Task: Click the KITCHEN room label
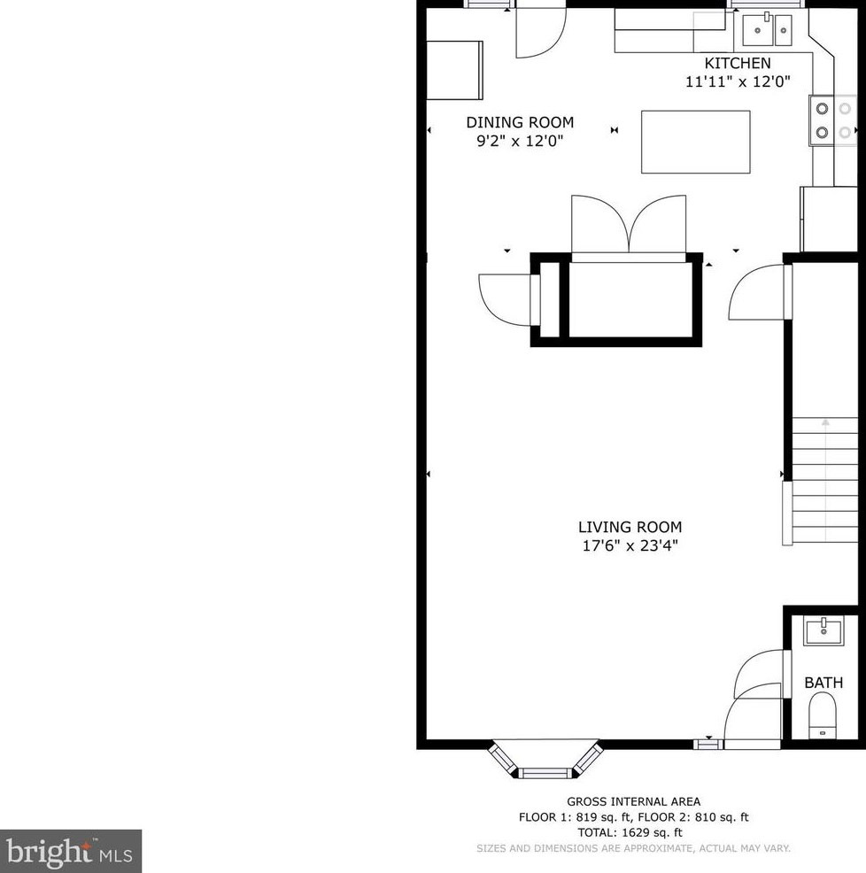coord(738,63)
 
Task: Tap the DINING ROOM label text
coord(520,122)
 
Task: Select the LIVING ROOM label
coord(630,527)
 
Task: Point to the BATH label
coord(823,683)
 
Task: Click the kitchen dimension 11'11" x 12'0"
coord(738,81)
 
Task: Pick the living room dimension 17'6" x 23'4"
coord(630,545)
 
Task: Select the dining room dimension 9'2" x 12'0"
coord(520,140)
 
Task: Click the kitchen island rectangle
coord(696,142)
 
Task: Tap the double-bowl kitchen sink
coord(767,29)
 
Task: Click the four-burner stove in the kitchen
coord(833,120)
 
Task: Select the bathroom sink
coord(823,630)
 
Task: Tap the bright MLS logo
coord(70,851)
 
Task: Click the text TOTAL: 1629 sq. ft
coord(630,833)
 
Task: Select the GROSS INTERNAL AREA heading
coord(634,802)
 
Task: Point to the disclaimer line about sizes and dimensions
coord(633,848)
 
